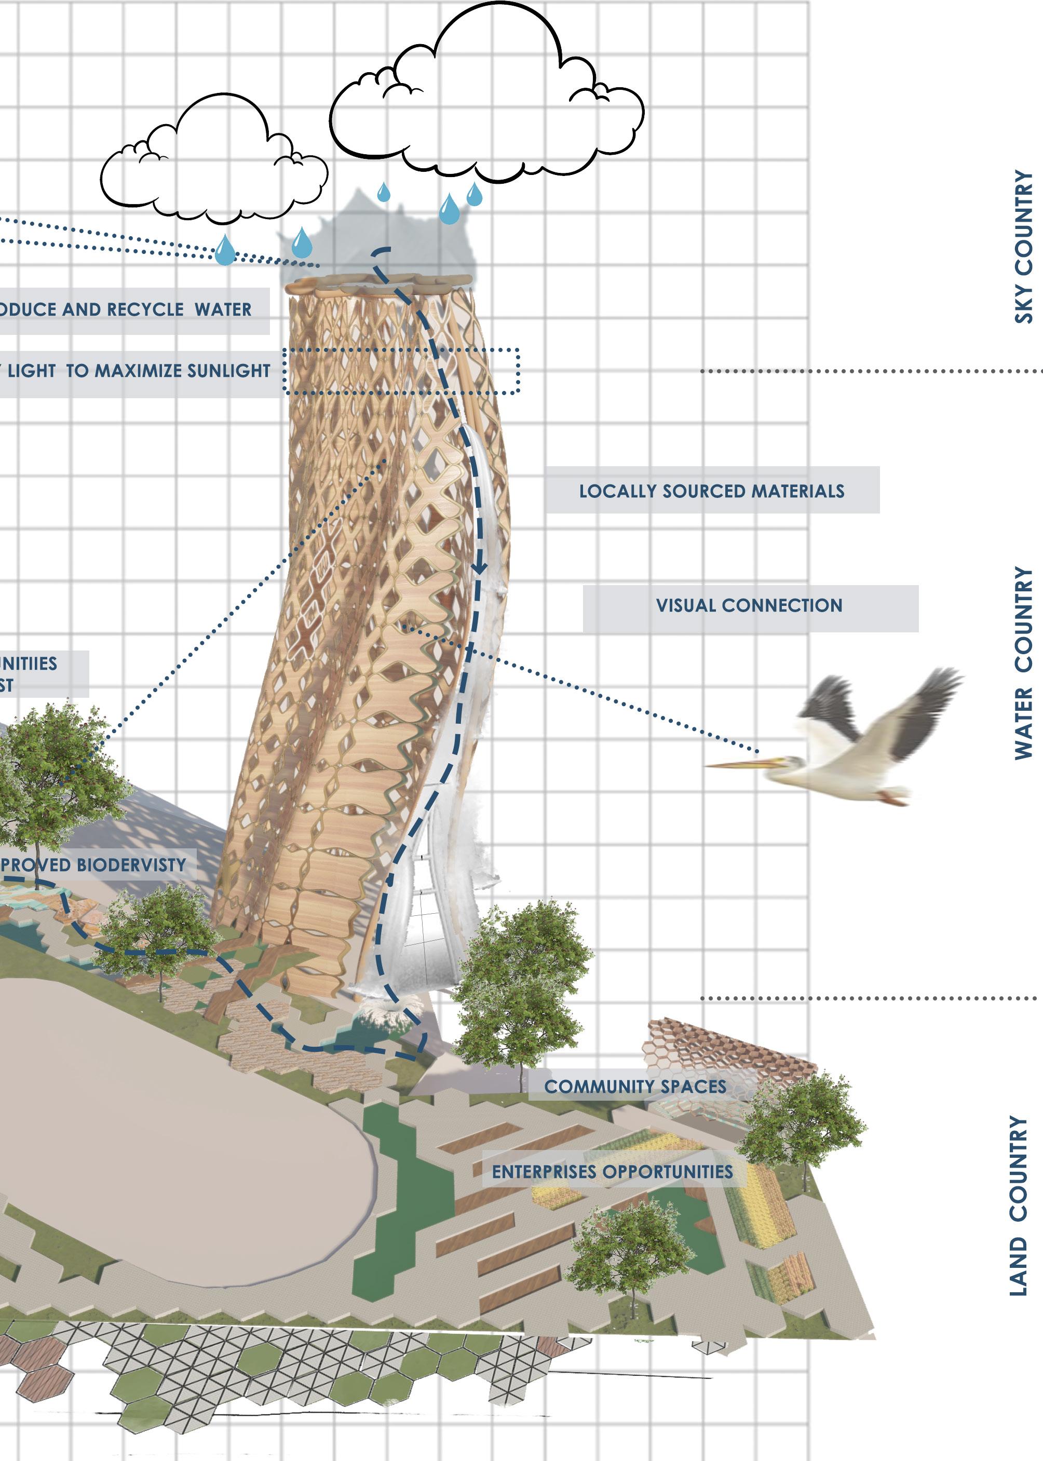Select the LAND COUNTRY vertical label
click(x=1019, y=1206)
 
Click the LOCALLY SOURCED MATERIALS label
click(x=712, y=491)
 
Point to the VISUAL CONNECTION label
click(x=749, y=605)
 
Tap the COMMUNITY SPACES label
click(x=635, y=1087)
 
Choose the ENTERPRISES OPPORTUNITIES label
click(x=612, y=1172)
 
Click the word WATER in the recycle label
click(x=223, y=309)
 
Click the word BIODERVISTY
click(x=131, y=865)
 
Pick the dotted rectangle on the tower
click(x=401, y=371)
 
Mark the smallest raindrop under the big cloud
click(x=384, y=192)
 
